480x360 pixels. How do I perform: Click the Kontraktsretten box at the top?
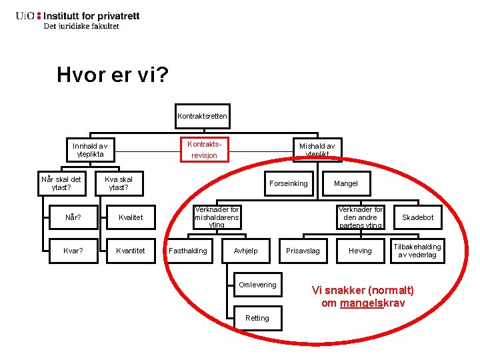[202, 116]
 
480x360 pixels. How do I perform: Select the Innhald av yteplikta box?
[90, 150]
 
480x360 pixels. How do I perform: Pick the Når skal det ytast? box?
[61, 183]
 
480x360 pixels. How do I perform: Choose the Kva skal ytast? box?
[119, 183]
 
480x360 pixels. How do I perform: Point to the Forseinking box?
[289, 183]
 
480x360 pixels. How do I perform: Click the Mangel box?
[345, 183]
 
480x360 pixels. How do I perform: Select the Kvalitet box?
[130, 217]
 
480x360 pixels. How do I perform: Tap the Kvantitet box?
[130, 251]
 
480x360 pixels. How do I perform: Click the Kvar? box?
[73, 251]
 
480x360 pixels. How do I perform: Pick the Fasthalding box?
[188, 251]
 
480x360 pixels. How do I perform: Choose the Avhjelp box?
[245, 251]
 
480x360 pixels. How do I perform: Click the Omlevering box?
[257, 285]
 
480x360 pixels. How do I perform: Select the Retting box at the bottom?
[257, 318]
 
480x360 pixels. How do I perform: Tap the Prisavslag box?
[303, 251]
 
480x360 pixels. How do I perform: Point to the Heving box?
[360, 251]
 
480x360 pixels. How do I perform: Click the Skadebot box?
[417, 217]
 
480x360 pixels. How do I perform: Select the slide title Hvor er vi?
[112, 75]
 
